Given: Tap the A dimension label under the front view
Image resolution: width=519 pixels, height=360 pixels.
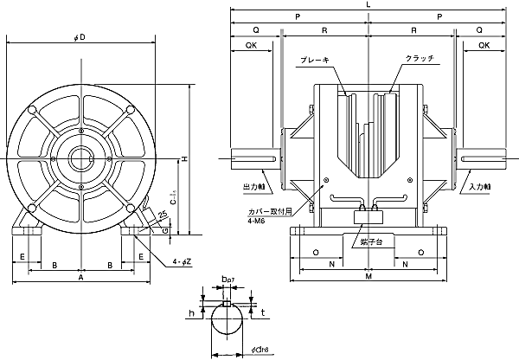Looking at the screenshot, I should (x=80, y=280).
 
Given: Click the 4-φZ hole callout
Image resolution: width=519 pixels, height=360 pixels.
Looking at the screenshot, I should (x=181, y=263).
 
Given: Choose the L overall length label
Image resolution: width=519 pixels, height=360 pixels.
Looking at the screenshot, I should (x=369, y=6).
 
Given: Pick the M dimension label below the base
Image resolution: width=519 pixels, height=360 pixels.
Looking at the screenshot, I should (x=369, y=280).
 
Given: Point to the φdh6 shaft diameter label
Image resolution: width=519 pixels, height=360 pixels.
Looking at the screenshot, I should (x=240, y=349).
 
